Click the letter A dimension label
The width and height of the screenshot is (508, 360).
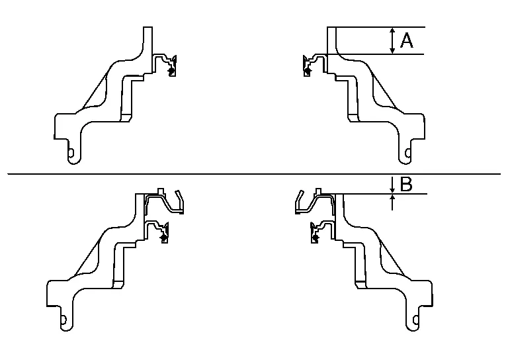[407, 41]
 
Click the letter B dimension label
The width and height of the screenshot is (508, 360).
[406, 185]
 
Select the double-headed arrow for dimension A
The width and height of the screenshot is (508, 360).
[393, 40]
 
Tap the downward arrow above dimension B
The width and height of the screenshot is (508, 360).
[393, 183]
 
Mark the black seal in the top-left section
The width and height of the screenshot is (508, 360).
[171, 69]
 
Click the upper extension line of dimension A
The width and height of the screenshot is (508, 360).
[377, 26]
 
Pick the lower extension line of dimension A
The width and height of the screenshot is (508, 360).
[377, 54]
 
